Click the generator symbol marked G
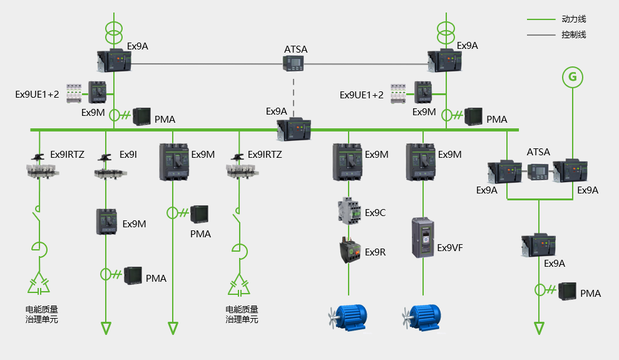[x=571, y=76]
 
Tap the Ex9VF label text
[x=450, y=248]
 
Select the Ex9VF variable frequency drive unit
[x=422, y=238]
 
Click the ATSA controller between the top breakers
[x=293, y=63]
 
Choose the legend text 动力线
[x=573, y=19]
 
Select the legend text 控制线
[x=573, y=35]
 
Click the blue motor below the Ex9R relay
[x=349, y=316]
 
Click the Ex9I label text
[x=128, y=155]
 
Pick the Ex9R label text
[x=375, y=252]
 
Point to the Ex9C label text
[x=375, y=213]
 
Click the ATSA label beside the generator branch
[x=538, y=152]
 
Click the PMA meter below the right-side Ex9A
[x=567, y=291]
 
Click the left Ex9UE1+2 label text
[x=37, y=95]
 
